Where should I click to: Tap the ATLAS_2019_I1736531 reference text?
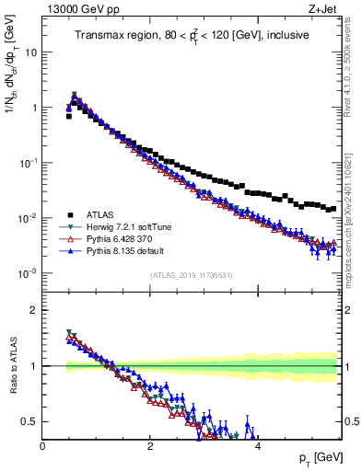coord(192,275)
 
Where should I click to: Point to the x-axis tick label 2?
coord(150,445)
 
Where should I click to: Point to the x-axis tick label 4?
coord(258,445)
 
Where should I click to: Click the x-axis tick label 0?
coord(43,445)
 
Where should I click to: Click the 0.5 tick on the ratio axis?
coord(31,421)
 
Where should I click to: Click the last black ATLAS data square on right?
coord(333,209)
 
